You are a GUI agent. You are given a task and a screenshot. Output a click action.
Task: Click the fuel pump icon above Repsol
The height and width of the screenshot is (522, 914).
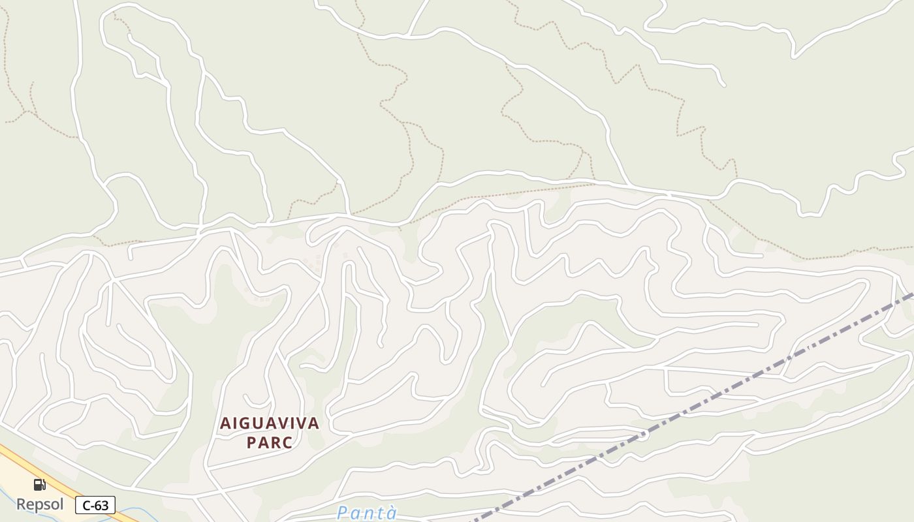39,484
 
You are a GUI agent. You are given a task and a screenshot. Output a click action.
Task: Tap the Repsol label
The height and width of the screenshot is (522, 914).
40,504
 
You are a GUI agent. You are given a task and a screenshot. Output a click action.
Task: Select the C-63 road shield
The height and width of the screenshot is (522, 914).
95,505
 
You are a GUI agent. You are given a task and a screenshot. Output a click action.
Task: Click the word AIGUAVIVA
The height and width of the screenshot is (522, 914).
270,423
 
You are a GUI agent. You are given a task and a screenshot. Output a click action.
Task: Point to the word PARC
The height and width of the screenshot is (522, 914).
270,442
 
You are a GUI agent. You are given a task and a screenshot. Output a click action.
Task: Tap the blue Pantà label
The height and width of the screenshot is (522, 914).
367,514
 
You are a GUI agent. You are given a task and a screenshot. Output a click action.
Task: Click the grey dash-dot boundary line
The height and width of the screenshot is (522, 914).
718,393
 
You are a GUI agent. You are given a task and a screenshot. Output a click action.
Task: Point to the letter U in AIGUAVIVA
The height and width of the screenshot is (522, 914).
257,423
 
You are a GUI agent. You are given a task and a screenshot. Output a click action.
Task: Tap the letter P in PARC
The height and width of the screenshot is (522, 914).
251,442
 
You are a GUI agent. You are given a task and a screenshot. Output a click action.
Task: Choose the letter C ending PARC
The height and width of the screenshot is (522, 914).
288,442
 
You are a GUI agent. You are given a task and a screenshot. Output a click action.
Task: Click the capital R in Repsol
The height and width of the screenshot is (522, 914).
21,504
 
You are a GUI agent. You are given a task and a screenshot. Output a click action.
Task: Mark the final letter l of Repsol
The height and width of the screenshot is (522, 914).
62,504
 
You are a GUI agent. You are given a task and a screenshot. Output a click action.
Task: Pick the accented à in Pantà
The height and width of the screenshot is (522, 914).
391,514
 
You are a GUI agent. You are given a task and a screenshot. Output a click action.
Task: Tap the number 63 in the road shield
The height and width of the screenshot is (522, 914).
102,505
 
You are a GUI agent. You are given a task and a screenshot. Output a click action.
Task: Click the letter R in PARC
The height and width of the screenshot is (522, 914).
276,442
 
